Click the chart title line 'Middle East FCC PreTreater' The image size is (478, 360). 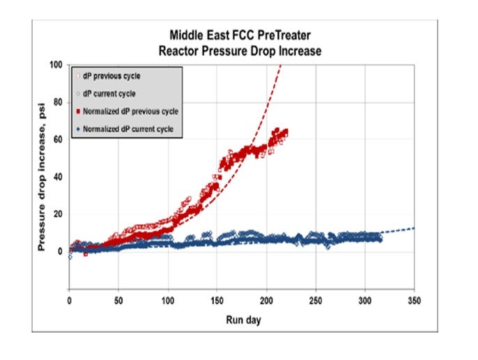[242, 33]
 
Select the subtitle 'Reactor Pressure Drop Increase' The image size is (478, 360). [242, 51]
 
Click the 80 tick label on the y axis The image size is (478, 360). [58, 102]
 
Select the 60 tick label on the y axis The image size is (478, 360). [58, 139]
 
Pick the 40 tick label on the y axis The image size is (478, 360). [58, 177]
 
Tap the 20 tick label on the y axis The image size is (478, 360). [58, 214]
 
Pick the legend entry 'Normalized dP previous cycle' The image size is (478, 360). [130, 111]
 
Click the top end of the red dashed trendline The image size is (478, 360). [280, 65]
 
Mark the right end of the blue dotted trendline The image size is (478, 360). [415, 228]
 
